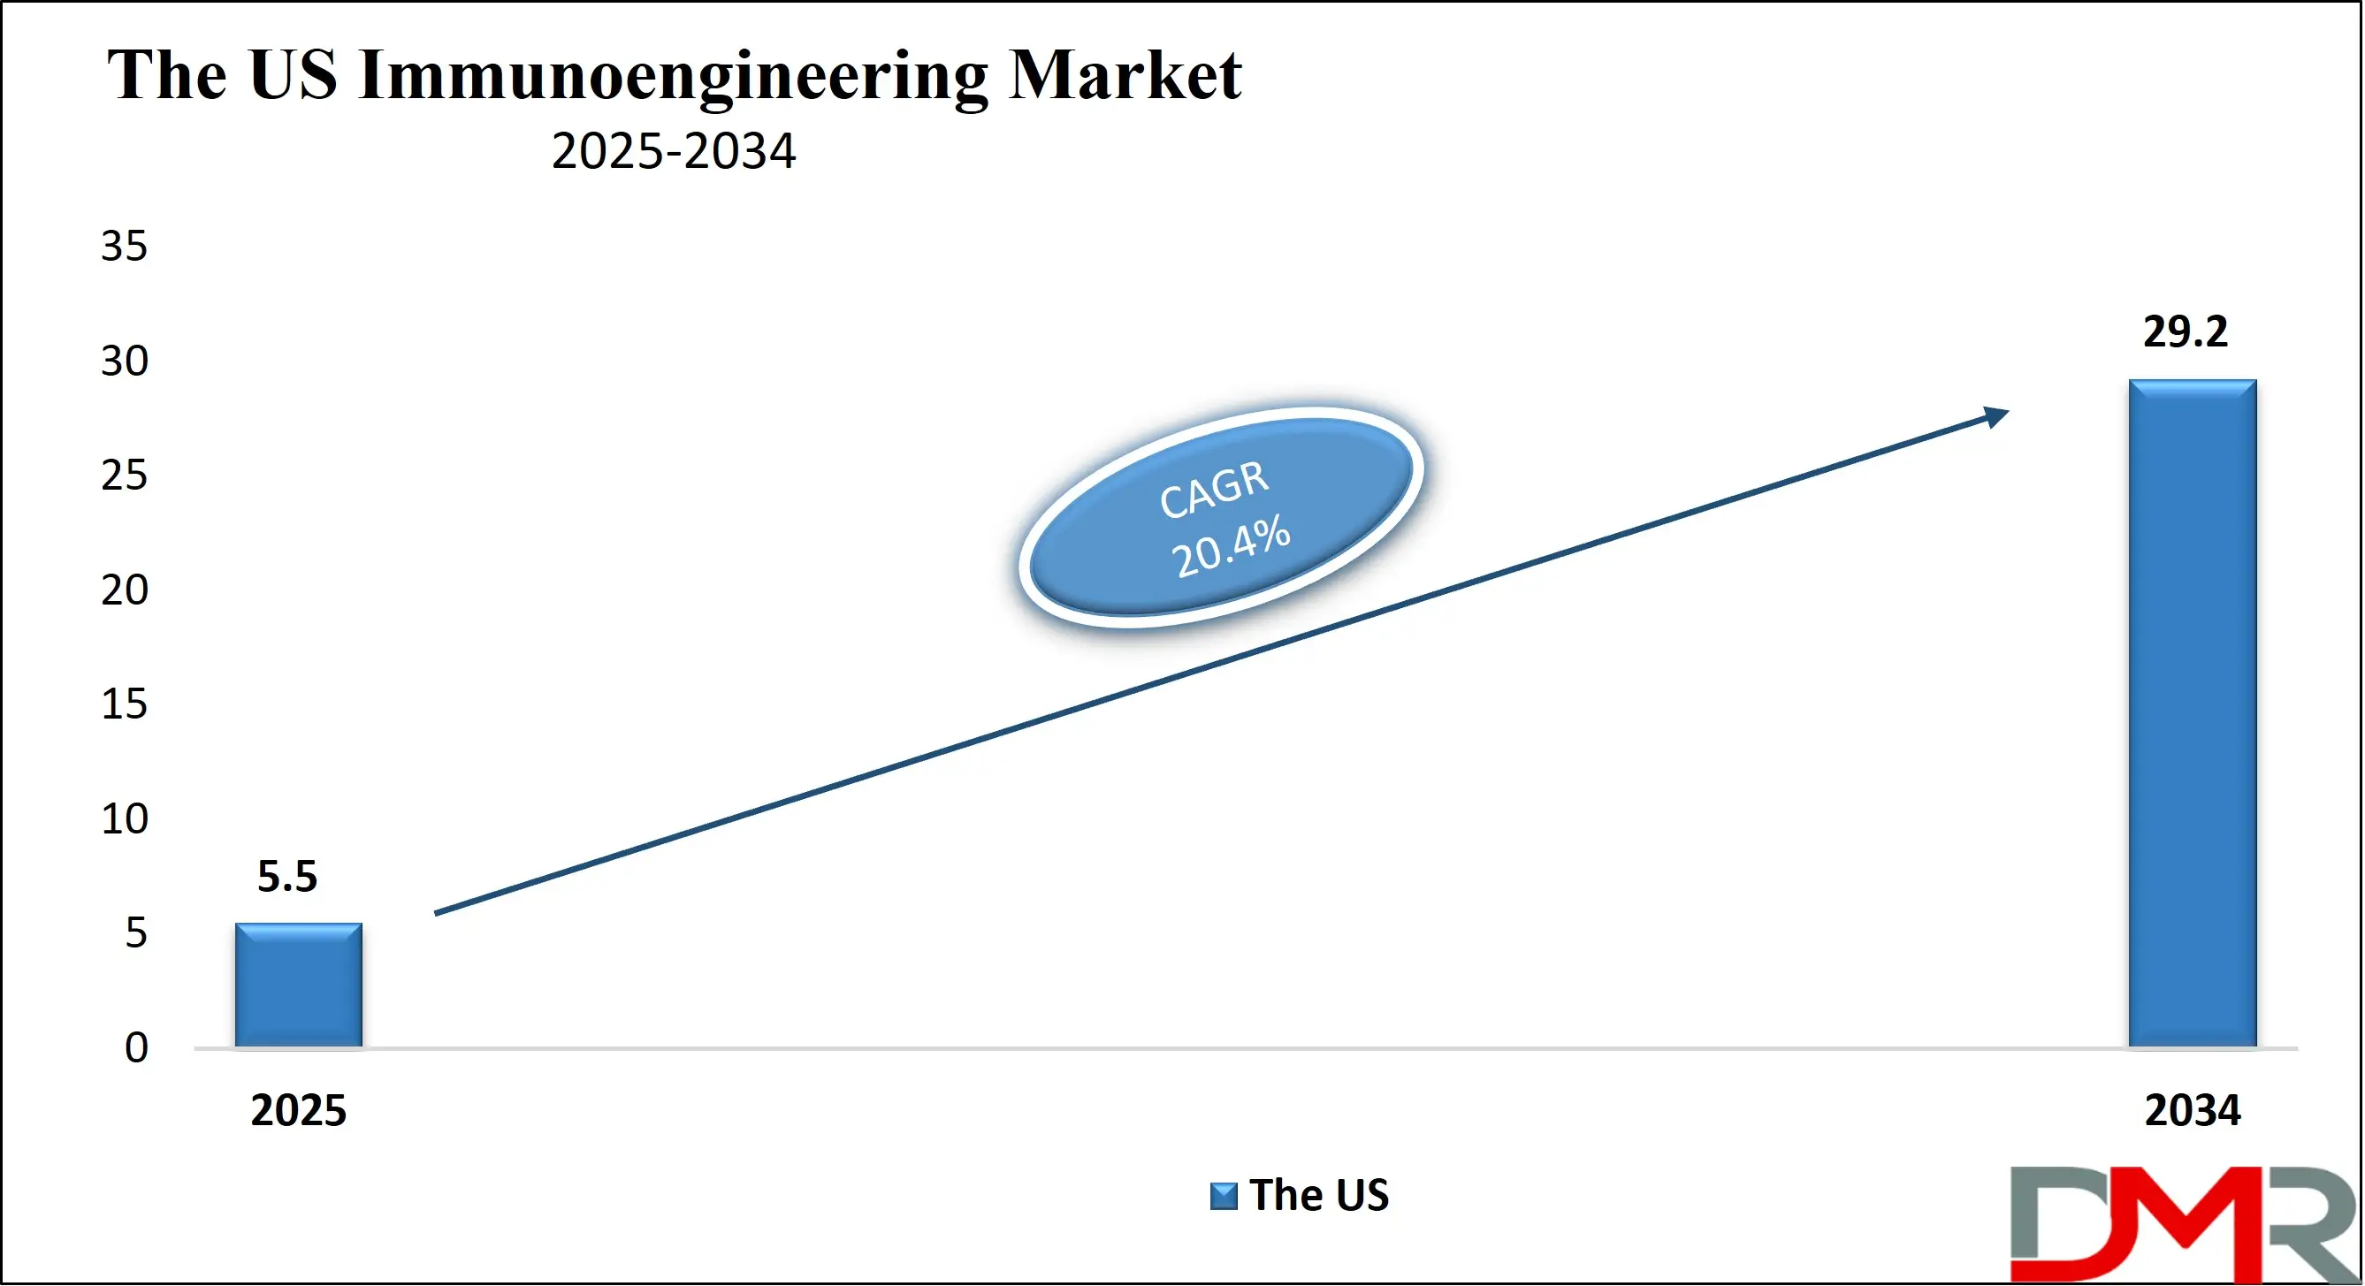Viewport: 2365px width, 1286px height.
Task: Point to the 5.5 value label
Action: point(287,877)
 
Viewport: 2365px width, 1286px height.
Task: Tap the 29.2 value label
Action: point(2185,331)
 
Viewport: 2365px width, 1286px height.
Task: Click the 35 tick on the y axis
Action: point(124,246)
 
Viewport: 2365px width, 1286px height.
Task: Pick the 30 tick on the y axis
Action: point(124,361)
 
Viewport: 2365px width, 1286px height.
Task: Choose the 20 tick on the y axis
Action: point(124,590)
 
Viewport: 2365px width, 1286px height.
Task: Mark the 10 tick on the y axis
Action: point(124,818)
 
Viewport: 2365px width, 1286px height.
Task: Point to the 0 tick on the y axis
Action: point(136,1047)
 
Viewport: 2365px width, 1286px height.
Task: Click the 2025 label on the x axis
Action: point(298,1111)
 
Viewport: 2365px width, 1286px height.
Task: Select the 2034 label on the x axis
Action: point(2192,1111)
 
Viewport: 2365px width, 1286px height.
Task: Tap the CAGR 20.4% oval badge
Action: point(1221,518)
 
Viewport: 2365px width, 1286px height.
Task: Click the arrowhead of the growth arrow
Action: point(1996,416)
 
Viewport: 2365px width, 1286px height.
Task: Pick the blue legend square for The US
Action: point(1223,1196)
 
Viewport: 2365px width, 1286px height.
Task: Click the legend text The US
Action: point(1318,1195)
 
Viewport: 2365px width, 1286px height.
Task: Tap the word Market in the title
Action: point(1125,75)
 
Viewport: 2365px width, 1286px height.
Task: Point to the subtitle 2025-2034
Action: point(673,150)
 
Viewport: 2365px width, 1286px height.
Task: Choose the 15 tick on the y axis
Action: point(124,704)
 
